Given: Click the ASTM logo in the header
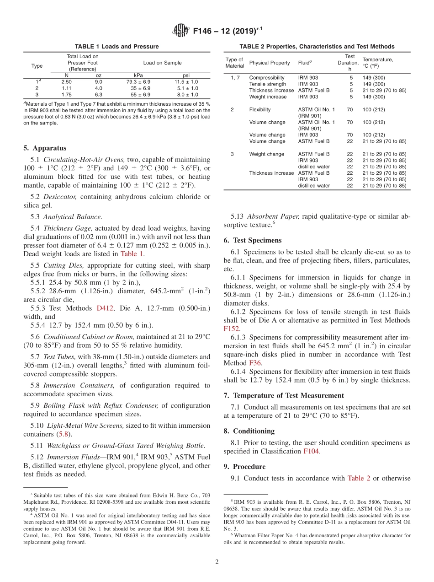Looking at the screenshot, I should (181, 31).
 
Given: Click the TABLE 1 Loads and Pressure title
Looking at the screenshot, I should (117, 47).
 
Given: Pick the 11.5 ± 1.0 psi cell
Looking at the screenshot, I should (187, 82).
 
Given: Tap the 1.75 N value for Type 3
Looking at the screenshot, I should (66, 95).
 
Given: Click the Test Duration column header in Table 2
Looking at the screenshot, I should (349, 63).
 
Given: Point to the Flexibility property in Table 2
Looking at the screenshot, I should (260, 109).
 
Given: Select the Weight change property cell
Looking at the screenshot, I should (267, 154).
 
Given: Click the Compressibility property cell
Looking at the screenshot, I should (267, 78).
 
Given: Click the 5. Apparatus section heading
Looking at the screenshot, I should (44, 148).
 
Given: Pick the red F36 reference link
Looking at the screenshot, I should (255, 363).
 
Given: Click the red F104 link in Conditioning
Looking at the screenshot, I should (311, 451).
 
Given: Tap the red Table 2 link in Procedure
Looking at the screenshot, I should (359, 478).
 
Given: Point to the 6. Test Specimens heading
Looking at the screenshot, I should (253, 240).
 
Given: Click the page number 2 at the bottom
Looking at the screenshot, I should (217, 562).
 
